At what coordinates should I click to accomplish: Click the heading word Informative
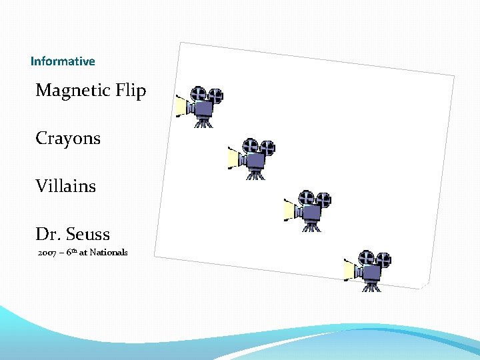pos(63,61)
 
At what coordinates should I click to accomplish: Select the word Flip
pos(131,91)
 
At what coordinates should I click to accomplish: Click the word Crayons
pos(68,139)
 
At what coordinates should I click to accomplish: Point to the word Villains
pos(66,186)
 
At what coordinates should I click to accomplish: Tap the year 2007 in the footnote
pos(47,253)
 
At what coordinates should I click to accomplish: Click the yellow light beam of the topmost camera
pos(180,105)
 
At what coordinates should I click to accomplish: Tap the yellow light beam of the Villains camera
pos(290,210)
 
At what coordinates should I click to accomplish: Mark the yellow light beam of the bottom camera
pos(349,270)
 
